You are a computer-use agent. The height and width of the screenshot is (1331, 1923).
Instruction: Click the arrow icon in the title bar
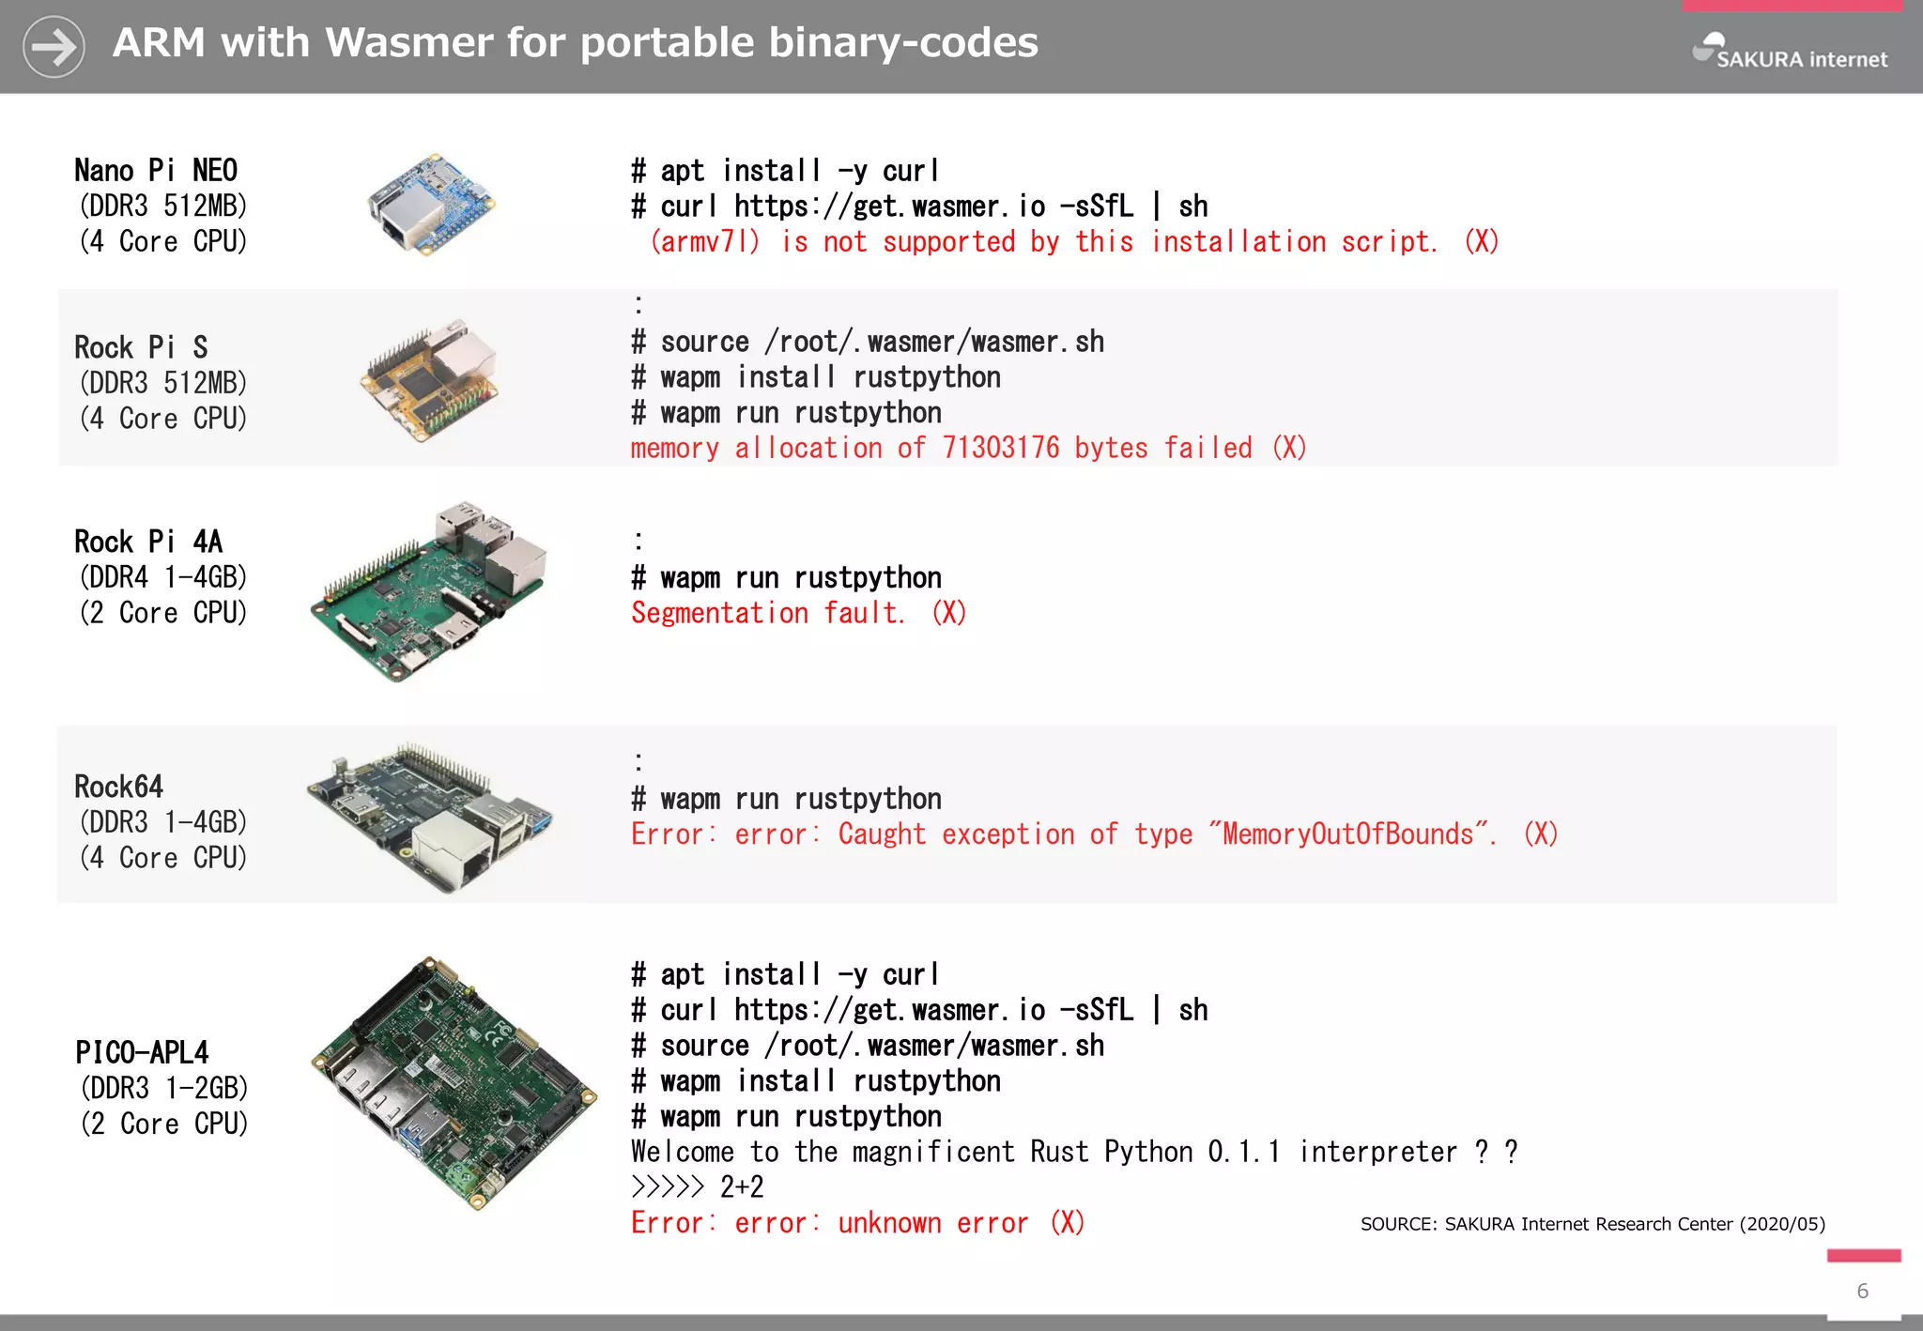(54, 46)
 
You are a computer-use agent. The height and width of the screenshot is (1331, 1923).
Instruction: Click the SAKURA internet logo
(1790, 53)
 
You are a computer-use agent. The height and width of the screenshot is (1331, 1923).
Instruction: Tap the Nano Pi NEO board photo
(431, 204)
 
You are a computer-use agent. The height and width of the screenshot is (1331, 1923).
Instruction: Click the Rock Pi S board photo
(431, 378)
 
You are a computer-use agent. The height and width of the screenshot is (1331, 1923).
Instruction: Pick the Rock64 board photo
(431, 816)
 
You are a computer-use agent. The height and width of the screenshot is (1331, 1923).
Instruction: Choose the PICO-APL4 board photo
(454, 1082)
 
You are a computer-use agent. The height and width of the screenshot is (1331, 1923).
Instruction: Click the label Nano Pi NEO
(156, 171)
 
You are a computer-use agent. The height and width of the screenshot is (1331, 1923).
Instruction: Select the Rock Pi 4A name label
(148, 542)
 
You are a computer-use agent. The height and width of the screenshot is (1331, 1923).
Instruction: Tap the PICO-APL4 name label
(142, 1052)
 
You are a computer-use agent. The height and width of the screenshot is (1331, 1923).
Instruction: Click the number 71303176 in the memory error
(1001, 449)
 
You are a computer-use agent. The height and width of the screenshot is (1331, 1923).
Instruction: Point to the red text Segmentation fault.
(767, 614)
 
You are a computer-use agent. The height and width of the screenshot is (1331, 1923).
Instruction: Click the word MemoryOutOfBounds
(1347, 834)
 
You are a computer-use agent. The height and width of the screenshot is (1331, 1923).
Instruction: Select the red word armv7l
(705, 242)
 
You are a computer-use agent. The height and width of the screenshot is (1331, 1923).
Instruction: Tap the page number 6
(1863, 1292)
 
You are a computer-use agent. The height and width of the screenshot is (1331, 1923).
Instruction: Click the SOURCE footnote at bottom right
(1592, 1224)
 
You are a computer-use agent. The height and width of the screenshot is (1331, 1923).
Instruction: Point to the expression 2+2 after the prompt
(742, 1187)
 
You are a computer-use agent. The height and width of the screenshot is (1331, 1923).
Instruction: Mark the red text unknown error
(932, 1223)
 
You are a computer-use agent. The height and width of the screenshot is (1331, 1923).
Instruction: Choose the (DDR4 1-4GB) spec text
(163, 577)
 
